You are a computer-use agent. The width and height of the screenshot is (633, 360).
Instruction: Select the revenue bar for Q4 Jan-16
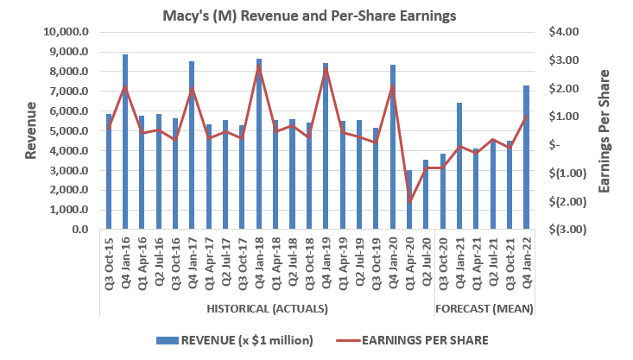125,142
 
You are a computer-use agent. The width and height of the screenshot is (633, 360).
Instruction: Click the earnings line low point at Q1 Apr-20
409,200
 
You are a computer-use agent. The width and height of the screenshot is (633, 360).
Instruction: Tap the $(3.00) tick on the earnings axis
565,231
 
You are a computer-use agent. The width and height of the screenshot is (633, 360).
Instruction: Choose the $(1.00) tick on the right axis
565,174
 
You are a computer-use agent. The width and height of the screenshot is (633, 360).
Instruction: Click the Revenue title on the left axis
30,130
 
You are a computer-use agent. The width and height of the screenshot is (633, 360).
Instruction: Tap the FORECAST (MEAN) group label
484,308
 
